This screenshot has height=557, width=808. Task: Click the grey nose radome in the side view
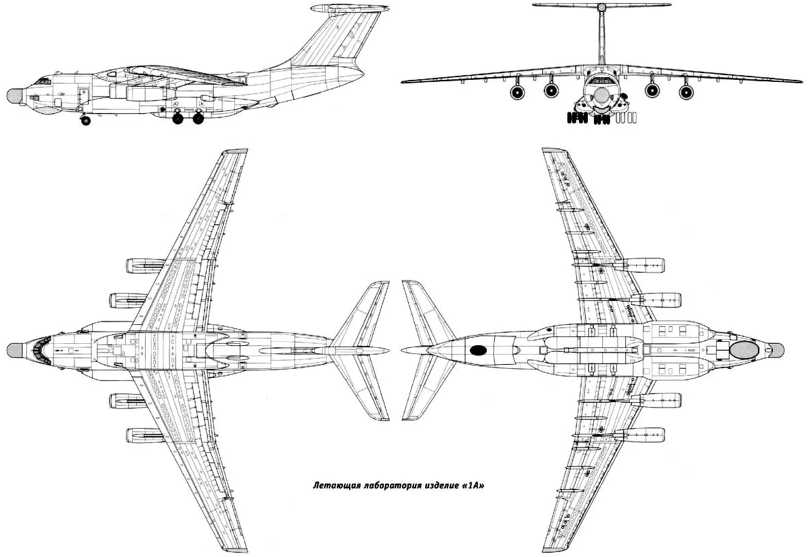(x=14, y=96)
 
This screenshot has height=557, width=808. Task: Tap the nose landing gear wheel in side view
(x=86, y=121)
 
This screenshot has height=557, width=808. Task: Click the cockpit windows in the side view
(x=44, y=81)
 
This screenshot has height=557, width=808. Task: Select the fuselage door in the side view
(x=83, y=95)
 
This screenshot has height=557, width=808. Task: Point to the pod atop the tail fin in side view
(x=349, y=8)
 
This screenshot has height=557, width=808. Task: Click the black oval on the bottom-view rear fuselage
(x=478, y=350)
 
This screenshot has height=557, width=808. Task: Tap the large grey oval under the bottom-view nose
(x=744, y=350)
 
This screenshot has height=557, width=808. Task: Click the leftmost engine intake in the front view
(x=517, y=92)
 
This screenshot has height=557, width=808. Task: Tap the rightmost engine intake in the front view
(x=686, y=92)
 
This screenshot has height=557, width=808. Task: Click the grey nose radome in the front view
(x=601, y=95)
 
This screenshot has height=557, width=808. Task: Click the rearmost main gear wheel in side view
(x=198, y=119)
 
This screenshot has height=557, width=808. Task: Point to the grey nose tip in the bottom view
(x=776, y=350)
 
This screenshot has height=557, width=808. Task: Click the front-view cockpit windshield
(x=601, y=80)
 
